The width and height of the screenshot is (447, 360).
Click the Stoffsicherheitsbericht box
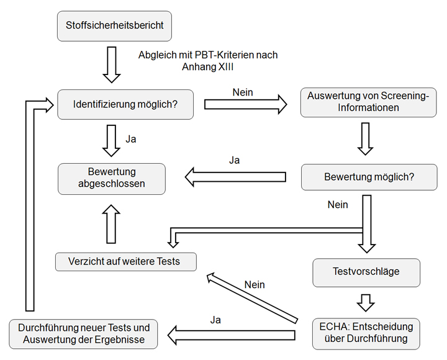[115, 26]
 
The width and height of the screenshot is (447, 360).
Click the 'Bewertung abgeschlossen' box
[112, 178]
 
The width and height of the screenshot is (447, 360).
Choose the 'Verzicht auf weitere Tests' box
[126, 261]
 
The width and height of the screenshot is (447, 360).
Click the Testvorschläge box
[366, 271]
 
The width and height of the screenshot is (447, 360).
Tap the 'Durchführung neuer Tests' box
[84, 333]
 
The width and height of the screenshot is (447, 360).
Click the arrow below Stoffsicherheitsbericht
[112, 64]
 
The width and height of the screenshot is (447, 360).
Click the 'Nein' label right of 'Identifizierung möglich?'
[243, 92]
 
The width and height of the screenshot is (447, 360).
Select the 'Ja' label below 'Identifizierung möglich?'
[131, 139]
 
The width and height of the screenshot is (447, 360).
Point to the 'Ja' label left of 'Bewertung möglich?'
[234, 160]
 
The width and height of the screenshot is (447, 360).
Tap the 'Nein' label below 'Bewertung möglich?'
[338, 204]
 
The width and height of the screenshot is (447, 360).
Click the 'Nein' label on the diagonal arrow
[255, 285]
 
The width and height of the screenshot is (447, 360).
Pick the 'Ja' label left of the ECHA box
[215, 320]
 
